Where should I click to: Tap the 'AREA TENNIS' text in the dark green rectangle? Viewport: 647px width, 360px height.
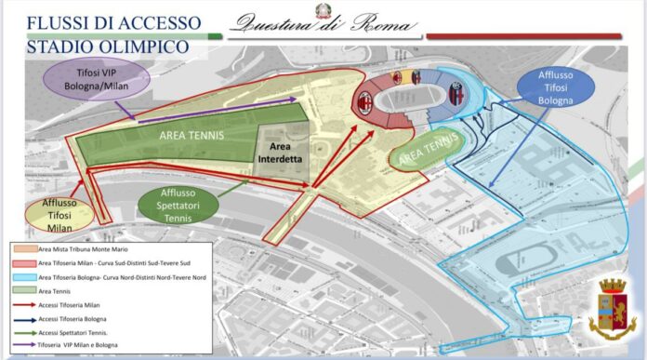coord(191,136)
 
